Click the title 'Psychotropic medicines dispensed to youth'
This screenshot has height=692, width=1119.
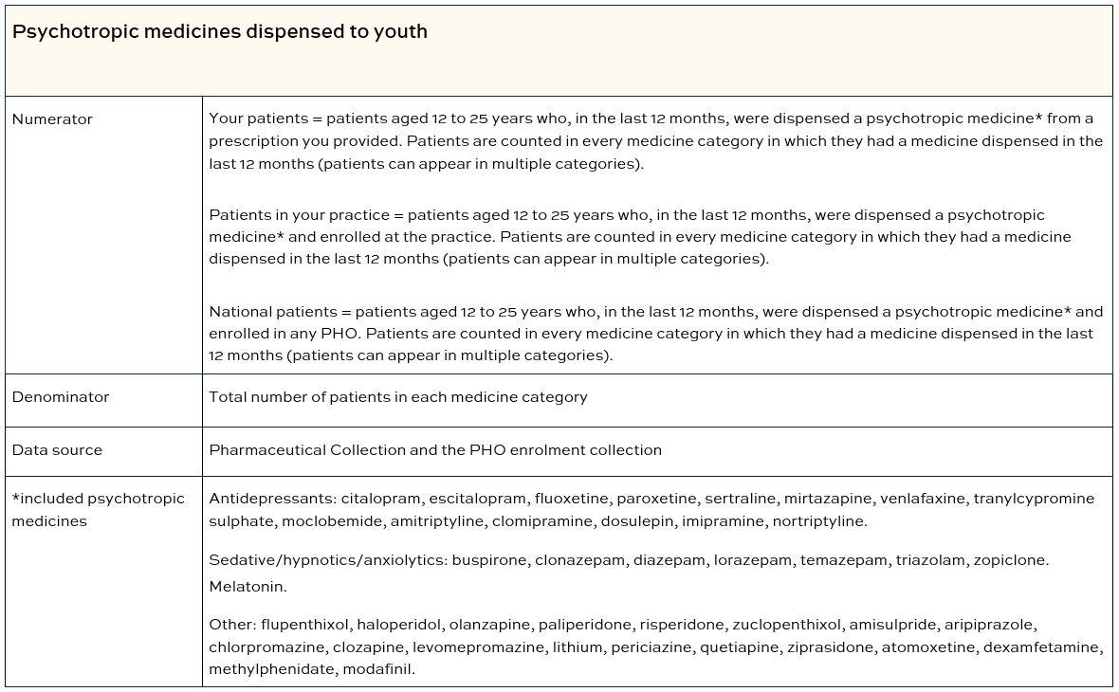(219, 31)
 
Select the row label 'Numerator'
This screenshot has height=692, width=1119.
(52, 119)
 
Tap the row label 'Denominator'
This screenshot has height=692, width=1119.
(60, 397)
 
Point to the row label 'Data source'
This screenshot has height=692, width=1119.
(57, 450)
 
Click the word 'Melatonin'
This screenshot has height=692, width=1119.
(247, 587)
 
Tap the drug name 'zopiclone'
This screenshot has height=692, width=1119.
(1014, 560)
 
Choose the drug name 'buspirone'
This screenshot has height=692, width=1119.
(489, 560)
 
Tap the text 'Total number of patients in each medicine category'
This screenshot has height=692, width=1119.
(397, 397)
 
